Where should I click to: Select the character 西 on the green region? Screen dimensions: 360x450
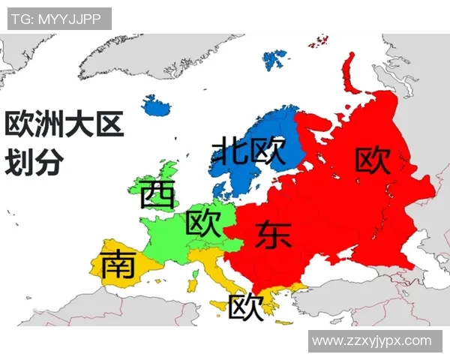point(157,195)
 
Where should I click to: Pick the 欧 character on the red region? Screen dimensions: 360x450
point(373,160)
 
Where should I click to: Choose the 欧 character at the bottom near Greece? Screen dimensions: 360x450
point(246,306)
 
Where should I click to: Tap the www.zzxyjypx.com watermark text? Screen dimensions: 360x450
point(372,341)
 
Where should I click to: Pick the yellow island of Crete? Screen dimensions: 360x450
point(284,322)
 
